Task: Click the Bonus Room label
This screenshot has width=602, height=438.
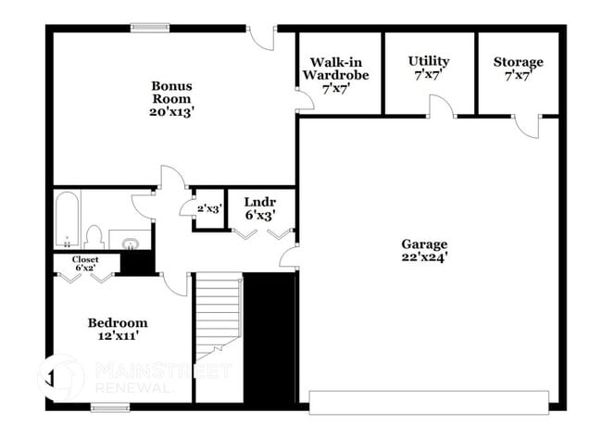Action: click(171, 92)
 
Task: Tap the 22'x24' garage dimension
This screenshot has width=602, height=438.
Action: click(424, 257)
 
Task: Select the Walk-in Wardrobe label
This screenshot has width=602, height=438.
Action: click(336, 69)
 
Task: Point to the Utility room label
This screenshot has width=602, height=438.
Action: click(429, 61)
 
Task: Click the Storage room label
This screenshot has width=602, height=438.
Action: click(519, 62)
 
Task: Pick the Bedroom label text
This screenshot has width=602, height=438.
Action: click(118, 323)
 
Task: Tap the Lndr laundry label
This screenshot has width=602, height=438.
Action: click(260, 202)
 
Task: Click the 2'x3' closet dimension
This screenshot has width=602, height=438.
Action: click(209, 209)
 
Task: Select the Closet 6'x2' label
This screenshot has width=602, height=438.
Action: click(85, 264)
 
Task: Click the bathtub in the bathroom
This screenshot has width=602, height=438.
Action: click(68, 219)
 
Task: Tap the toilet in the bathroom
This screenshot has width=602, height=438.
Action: click(94, 237)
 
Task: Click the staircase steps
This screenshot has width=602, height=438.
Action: click(219, 316)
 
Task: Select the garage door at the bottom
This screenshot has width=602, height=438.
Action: click(429, 402)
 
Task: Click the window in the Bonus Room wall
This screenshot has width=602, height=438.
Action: click(150, 28)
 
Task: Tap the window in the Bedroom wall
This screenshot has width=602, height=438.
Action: click(110, 407)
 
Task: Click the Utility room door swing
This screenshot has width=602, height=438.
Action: click(442, 106)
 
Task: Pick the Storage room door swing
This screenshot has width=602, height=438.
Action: click(527, 127)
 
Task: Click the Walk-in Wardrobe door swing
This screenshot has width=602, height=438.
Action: click(306, 101)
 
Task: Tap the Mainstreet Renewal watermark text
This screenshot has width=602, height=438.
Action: click(163, 378)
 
